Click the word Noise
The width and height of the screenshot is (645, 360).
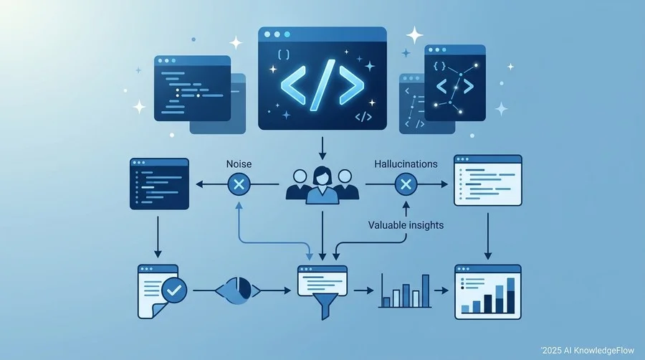tap(239, 164)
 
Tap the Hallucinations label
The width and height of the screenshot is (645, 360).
tap(406, 164)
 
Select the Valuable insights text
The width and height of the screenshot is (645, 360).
tap(406, 225)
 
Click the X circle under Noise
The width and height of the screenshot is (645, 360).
tap(239, 184)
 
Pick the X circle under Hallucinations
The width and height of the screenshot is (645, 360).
tap(406, 184)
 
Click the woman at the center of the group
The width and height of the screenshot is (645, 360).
tap(322, 185)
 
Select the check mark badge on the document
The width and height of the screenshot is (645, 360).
tap(174, 290)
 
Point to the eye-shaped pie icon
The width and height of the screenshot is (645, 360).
tap(238, 290)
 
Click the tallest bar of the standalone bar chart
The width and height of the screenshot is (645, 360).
tap(426, 291)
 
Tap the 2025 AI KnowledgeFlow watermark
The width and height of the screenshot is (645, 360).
tap(588, 351)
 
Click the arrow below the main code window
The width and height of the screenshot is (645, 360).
tap(322, 148)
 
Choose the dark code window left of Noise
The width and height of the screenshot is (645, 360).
tap(160, 184)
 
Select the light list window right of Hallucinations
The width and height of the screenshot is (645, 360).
tap(488, 180)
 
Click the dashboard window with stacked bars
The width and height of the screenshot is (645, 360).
tap(488, 292)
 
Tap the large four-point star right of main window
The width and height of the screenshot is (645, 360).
tap(415, 35)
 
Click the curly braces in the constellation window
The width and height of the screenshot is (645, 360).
tap(439, 66)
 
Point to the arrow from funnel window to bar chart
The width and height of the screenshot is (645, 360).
tap(363, 290)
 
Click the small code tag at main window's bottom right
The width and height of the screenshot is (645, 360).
tap(363, 117)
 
